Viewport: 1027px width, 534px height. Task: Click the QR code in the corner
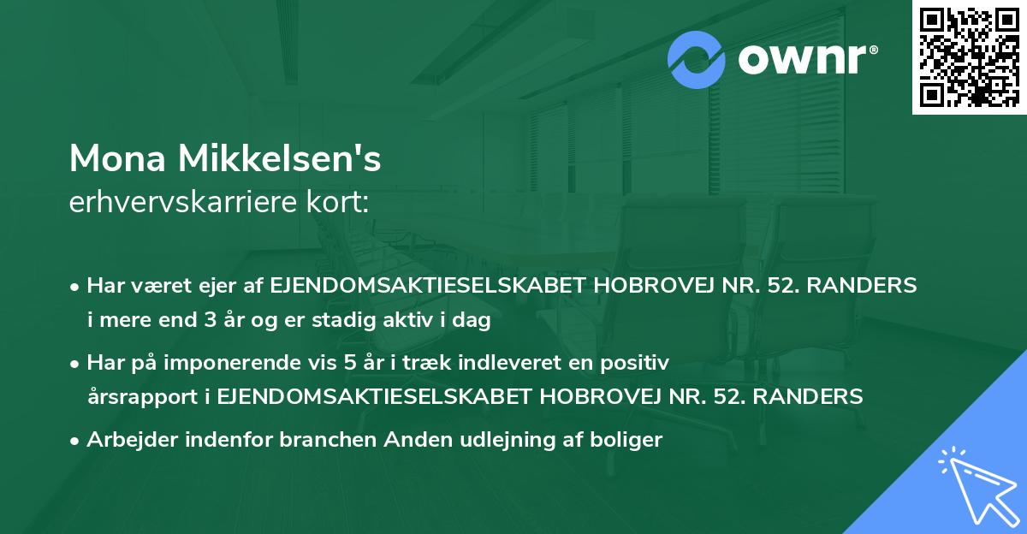(969, 57)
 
